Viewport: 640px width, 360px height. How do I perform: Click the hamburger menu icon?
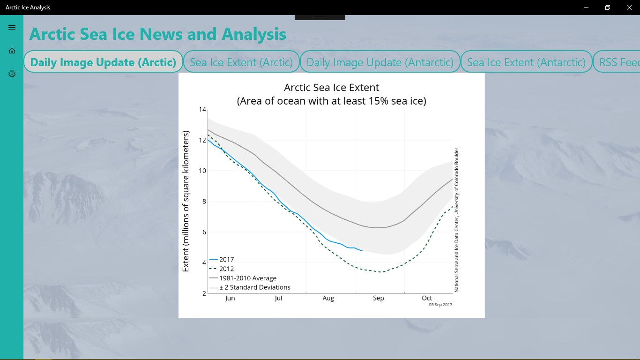[12, 28]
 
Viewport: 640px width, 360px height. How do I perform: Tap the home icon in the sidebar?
[12, 51]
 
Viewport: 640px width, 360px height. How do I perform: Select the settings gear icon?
[12, 74]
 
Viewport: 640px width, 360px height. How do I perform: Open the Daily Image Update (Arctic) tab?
[103, 62]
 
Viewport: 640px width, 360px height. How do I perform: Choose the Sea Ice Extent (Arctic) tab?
[241, 62]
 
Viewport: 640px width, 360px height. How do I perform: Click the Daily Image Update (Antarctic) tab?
[380, 62]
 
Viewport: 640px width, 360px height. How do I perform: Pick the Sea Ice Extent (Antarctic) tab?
[526, 62]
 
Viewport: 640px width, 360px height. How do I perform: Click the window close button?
[629, 7]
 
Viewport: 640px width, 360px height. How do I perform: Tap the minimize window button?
[586, 7]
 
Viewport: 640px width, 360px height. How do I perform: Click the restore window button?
[608, 7]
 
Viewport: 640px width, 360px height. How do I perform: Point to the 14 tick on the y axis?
[202, 110]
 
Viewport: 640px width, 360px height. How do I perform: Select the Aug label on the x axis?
[328, 298]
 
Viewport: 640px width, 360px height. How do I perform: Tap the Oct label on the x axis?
[427, 298]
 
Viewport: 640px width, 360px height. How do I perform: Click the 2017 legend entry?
[226, 259]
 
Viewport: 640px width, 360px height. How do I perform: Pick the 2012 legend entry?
[226, 269]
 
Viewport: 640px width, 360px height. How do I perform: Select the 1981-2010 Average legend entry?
[247, 278]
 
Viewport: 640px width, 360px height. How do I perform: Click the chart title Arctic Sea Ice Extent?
[331, 88]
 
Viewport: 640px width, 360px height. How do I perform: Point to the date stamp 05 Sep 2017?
[440, 305]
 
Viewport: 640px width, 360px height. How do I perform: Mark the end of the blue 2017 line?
[362, 251]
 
